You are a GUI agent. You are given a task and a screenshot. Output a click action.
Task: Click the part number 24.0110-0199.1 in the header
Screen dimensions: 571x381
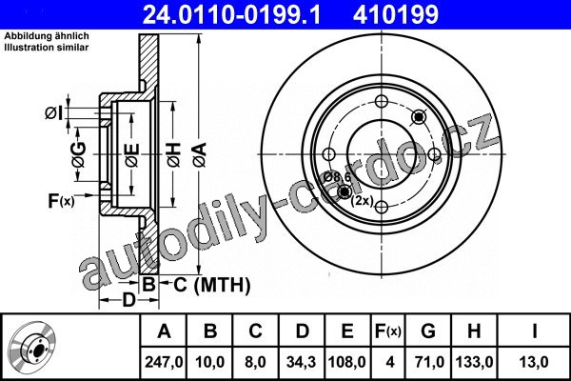pos(231,14)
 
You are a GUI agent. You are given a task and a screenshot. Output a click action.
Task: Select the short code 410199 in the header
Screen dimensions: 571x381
pos(396,14)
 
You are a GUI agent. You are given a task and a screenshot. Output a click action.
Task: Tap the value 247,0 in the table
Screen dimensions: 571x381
pos(164,362)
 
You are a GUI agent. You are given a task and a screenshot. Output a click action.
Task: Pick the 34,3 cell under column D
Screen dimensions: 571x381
pos(301,362)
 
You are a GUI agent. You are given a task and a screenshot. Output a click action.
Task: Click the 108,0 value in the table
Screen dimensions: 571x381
pos(346,362)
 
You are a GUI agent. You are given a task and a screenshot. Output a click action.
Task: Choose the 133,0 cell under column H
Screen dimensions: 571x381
pos(474,362)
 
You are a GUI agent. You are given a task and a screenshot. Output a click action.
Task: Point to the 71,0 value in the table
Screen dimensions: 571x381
pos(428,362)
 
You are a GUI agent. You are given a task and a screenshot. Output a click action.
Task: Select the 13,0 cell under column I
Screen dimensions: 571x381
pos(534,362)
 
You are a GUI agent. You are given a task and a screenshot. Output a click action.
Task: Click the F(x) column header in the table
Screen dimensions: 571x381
pos(388,331)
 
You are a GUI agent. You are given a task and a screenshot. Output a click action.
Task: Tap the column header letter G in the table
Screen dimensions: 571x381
pos(428,331)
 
